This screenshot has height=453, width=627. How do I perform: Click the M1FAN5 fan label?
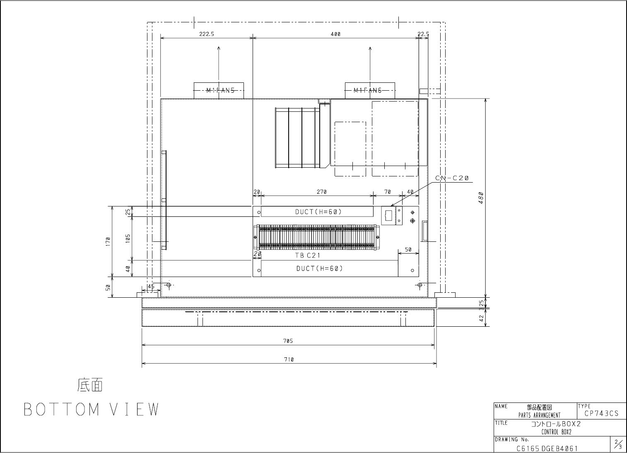point(220,90)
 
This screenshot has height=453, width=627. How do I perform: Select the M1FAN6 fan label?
point(367,90)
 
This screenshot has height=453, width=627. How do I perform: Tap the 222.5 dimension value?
point(207,34)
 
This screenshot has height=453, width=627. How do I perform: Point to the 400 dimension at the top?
point(335,34)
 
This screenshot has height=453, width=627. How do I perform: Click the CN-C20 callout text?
point(452,178)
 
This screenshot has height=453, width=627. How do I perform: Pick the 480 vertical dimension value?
point(481,198)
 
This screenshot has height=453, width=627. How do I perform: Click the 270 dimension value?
point(322,192)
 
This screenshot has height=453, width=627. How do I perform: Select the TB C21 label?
point(308,255)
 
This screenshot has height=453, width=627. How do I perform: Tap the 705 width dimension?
point(288,341)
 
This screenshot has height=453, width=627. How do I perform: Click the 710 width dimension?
point(289,359)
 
